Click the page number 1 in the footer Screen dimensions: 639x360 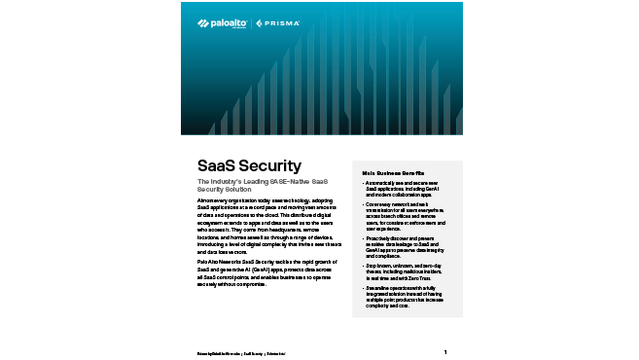444,351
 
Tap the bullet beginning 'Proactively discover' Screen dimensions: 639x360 403,243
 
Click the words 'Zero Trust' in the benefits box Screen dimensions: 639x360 416,276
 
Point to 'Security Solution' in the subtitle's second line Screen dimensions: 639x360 218,188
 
